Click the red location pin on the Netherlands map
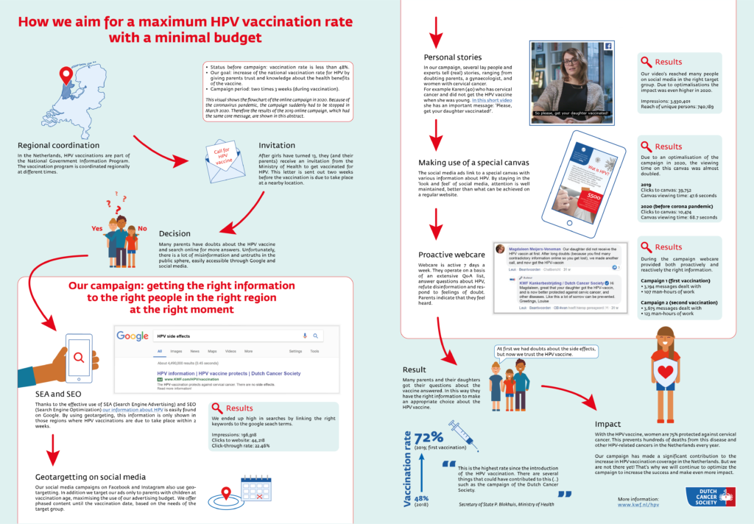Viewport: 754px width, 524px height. click(x=67, y=76)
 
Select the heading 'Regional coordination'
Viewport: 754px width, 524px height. click(x=58, y=145)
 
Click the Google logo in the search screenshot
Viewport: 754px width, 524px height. click(x=133, y=336)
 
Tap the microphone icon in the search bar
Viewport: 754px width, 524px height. click(x=305, y=336)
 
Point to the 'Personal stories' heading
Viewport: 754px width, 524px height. click(x=453, y=57)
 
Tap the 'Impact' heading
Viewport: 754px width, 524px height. click(x=608, y=425)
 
